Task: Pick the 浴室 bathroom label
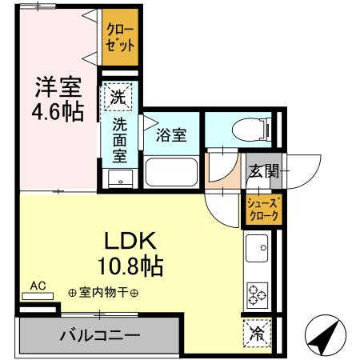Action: (x=171, y=134)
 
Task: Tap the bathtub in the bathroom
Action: (x=170, y=172)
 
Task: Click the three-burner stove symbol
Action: (x=258, y=294)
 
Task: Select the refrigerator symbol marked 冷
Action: (x=258, y=330)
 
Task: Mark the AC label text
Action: (x=38, y=285)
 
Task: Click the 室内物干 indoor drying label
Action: (x=104, y=293)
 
